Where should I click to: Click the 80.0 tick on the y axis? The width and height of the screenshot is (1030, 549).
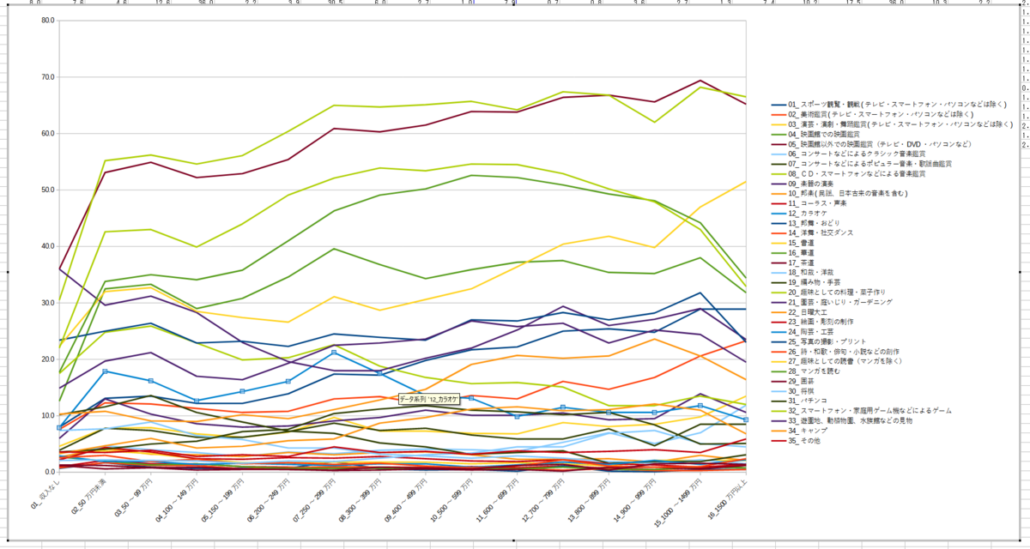point(47,21)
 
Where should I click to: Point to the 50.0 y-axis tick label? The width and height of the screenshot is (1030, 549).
point(47,190)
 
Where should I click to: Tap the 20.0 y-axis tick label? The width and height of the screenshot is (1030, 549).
point(47,359)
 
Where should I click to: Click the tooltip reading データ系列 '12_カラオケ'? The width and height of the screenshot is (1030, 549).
point(428,398)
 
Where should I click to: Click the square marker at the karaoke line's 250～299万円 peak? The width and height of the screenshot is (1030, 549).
point(334,353)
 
